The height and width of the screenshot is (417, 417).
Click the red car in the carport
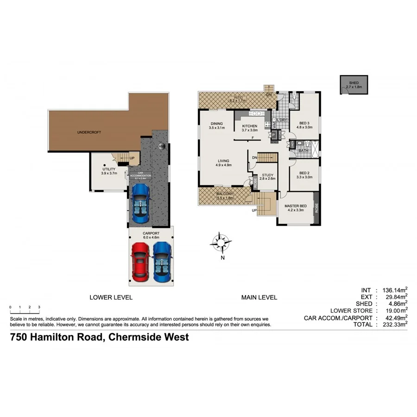coord(140,261)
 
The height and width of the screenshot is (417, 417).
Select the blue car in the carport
coord(162,261)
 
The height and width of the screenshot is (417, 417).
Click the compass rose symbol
coord(221,241)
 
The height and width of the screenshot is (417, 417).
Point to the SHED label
coord(354,83)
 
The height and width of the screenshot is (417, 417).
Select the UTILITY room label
coord(109,169)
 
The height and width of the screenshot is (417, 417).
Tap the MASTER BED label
coord(296,206)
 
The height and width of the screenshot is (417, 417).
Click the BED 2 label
coord(304,173)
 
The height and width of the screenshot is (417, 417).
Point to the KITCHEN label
coord(249,126)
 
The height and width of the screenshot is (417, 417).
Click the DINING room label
coord(216,123)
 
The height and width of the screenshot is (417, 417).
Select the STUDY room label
coord(267,175)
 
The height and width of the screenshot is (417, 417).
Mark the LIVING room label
coord(223,161)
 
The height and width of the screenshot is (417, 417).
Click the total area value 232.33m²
coord(393,325)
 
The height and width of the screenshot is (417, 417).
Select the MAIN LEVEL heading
coord(259,297)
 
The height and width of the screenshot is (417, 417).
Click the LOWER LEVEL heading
coord(111,297)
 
